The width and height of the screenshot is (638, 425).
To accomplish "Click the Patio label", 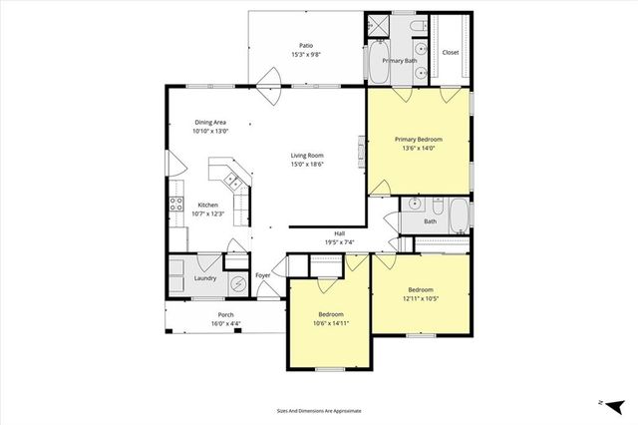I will (307, 45).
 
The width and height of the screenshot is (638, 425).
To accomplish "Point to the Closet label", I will (451, 52).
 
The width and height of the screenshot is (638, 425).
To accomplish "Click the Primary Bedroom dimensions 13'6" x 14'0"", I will (418, 149).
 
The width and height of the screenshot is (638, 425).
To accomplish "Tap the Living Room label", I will (307, 156).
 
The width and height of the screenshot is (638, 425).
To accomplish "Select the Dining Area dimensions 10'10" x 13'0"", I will (210, 131).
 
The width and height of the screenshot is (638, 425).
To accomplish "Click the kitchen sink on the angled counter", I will (232, 181).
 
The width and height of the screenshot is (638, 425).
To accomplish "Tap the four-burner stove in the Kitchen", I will (175, 209).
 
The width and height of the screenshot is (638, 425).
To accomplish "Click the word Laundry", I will (205, 278).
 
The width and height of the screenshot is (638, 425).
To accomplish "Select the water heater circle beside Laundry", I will (237, 283).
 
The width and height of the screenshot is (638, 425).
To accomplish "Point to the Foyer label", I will (263, 275).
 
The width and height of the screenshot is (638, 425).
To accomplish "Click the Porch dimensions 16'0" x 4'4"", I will (225, 324).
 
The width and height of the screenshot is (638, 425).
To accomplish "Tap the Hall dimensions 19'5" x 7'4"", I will (340, 242).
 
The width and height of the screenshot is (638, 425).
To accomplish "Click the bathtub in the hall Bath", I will (457, 217).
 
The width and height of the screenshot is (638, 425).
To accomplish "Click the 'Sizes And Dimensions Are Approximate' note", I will (318, 410).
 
